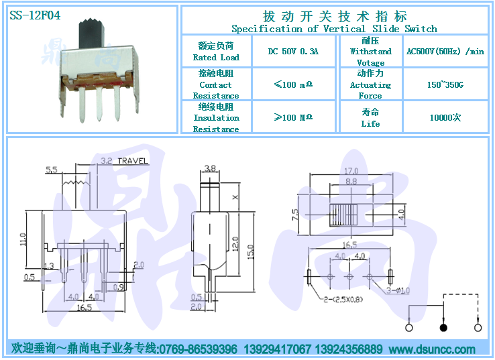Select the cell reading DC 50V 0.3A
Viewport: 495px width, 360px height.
tap(292, 51)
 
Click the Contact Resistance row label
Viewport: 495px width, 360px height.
tap(216, 84)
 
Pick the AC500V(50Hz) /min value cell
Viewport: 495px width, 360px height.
tap(445, 51)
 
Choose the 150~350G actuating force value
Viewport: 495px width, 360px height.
tap(445, 84)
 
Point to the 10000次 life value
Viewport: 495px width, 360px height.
tap(445, 117)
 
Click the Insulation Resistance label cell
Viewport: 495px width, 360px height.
tap(216, 117)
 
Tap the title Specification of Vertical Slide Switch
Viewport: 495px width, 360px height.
tap(334, 28)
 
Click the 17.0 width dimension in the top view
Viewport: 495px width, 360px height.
tap(351, 170)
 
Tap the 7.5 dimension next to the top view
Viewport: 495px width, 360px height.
tap(295, 216)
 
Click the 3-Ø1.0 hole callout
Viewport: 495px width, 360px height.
tap(398, 290)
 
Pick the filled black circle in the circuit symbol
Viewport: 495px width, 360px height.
tap(443, 328)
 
